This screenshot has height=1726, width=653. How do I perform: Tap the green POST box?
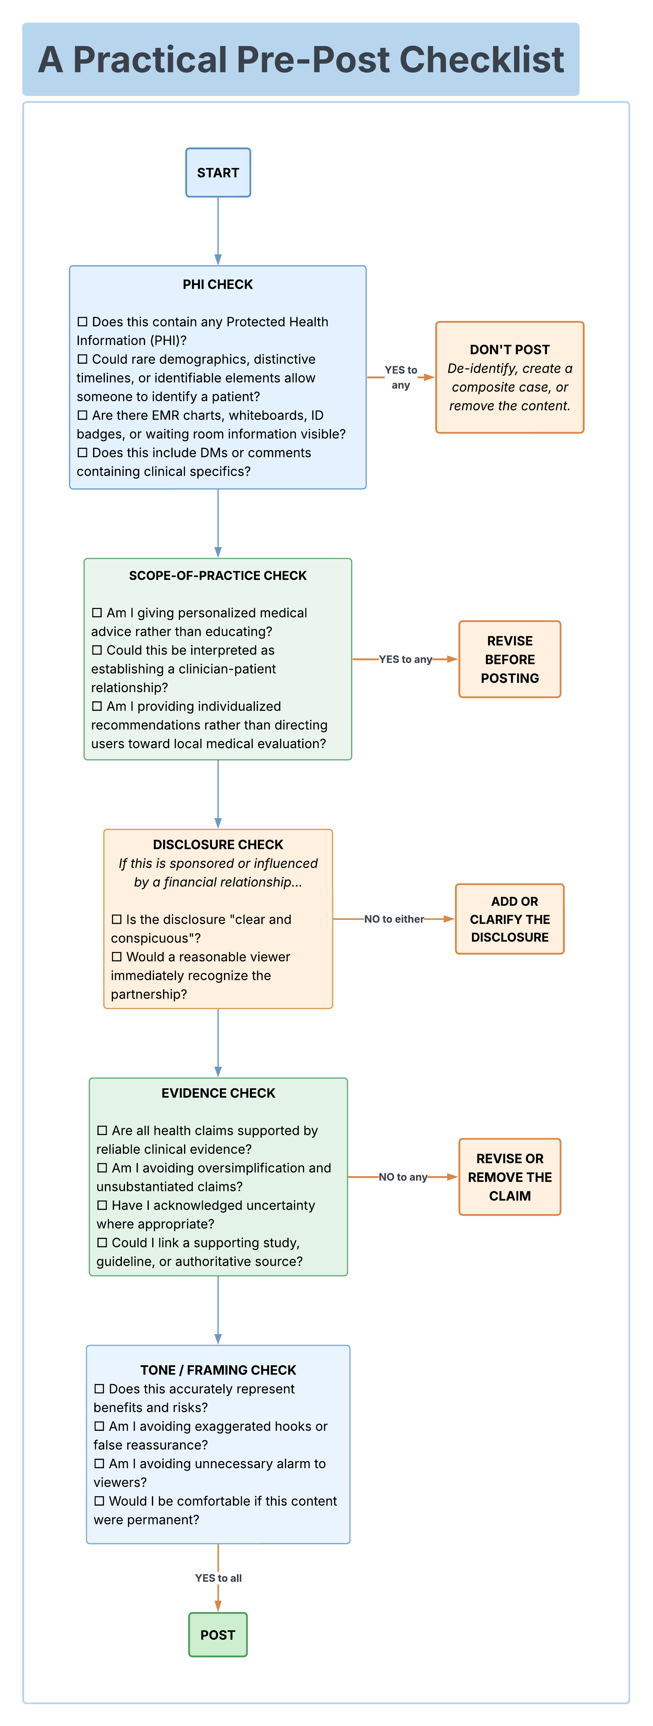point(218,1635)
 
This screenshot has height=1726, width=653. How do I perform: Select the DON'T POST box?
point(509,377)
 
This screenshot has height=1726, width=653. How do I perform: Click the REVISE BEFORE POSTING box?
point(509,659)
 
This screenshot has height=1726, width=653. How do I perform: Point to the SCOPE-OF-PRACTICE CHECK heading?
point(218,576)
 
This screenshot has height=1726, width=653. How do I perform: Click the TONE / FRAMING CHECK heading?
point(218,1370)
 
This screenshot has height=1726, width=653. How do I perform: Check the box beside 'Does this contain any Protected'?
point(83,321)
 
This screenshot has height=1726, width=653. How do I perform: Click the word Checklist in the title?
point(482,60)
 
